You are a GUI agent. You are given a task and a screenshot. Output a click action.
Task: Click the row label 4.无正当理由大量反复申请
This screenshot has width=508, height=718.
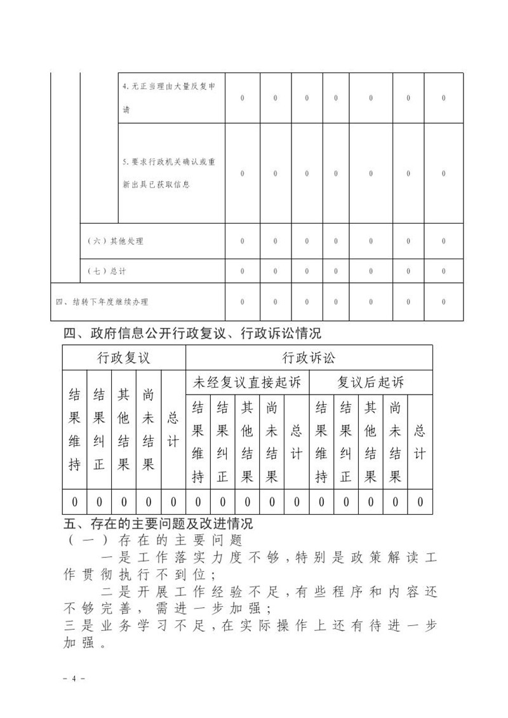[x=172, y=98]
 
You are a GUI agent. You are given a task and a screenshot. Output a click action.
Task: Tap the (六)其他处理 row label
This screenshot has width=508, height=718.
[x=115, y=241]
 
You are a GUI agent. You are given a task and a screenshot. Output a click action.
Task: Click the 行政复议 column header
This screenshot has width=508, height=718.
[x=124, y=358]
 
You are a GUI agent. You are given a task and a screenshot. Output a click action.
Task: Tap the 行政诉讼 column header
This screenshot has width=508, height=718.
[x=309, y=358]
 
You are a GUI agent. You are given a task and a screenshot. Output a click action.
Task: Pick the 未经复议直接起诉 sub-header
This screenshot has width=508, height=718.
[x=247, y=383]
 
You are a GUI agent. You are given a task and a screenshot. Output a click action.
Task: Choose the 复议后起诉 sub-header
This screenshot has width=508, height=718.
[x=370, y=383]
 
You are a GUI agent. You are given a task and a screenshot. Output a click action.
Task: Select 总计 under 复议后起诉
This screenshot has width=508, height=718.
[x=420, y=442]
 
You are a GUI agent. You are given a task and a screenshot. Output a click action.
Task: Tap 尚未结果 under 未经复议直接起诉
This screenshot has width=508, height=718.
[x=272, y=442]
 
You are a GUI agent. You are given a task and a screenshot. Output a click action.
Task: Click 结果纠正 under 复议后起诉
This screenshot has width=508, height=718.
[x=346, y=442]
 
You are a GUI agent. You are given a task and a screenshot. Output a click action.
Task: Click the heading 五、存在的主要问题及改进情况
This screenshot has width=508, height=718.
[x=158, y=524]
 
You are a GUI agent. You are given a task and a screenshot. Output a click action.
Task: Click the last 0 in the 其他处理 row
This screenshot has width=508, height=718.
[x=443, y=241]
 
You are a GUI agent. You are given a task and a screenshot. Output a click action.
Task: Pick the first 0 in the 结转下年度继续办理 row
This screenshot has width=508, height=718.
[x=242, y=301]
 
